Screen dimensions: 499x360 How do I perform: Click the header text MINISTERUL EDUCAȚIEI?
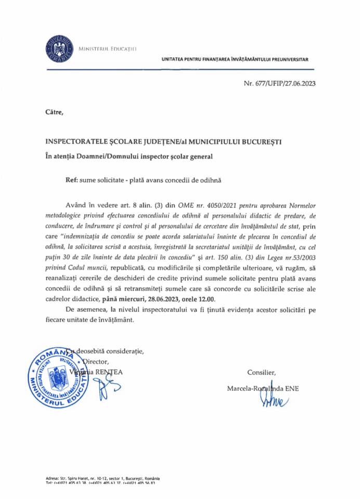(x=107, y=48)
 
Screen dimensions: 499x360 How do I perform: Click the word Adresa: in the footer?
(x=52, y=478)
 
